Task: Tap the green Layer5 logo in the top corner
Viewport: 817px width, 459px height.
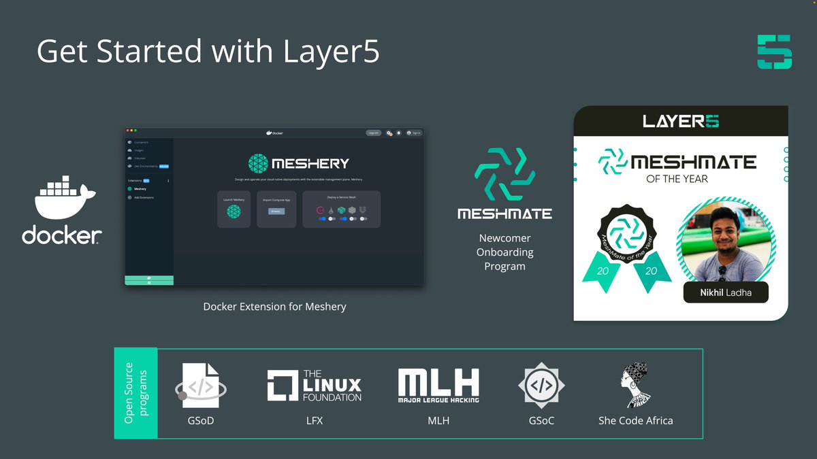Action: point(774,52)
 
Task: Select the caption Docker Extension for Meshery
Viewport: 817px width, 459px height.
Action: point(274,307)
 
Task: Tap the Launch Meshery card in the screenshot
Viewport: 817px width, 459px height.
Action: point(234,209)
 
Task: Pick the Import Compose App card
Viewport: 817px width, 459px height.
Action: point(276,209)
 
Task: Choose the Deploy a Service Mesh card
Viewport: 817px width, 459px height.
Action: point(341,209)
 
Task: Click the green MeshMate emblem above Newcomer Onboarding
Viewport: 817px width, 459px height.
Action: point(504,175)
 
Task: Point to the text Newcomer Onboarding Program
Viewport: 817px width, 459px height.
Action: point(504,252)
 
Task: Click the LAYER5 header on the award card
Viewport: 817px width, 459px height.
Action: point(680,121)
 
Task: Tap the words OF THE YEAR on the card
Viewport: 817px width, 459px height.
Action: point(677,179)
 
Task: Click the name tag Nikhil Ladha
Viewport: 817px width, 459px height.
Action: point(726,292)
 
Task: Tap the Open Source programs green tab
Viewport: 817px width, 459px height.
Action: point(135,394)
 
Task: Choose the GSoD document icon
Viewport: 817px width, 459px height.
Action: point(201,386)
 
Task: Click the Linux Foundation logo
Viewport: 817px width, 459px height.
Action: point(314,386)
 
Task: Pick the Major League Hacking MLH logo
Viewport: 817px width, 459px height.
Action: point(438,386)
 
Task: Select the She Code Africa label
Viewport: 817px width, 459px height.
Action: point(635,421)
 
